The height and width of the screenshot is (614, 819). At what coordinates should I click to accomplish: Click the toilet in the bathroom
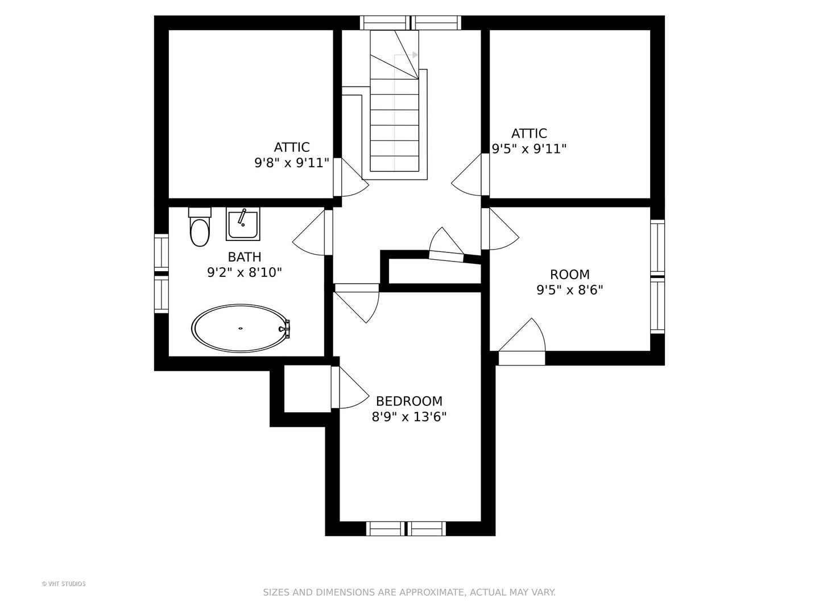200,229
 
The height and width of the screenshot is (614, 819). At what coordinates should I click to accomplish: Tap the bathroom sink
243,224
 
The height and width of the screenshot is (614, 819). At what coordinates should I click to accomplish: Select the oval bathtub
240,329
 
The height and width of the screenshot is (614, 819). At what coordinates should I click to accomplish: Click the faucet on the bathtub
286,328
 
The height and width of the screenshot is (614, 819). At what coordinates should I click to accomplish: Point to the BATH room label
245,257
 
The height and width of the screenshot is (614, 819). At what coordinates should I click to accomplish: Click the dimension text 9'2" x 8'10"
245,273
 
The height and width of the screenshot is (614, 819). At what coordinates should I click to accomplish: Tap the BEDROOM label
409,401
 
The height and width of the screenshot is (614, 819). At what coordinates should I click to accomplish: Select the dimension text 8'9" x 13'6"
409,417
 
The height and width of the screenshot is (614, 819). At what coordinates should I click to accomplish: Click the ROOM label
569,275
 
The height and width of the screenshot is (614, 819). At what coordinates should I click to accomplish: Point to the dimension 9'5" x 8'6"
569,290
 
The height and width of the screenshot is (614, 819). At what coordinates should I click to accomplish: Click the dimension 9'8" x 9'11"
292,163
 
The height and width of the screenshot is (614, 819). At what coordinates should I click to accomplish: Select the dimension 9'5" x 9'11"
529,149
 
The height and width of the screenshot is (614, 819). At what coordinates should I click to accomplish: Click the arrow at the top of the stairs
415,55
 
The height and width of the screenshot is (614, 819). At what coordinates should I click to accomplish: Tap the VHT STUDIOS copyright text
64,584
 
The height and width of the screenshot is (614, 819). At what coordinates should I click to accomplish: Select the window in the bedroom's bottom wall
406,529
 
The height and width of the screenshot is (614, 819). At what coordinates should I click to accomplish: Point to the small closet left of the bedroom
307,389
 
